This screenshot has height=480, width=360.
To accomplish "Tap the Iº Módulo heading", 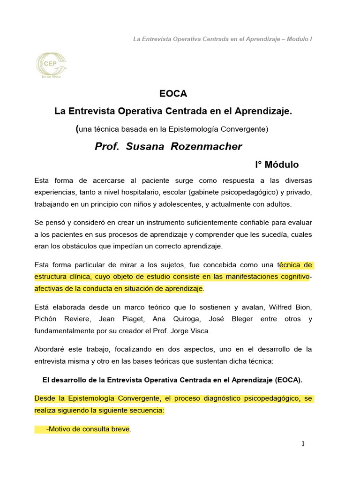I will coord(277,165).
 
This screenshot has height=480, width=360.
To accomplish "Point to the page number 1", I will coord(303,444).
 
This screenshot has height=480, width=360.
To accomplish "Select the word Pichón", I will coord(48,319).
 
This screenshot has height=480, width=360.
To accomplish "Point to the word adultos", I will coord(277,204).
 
